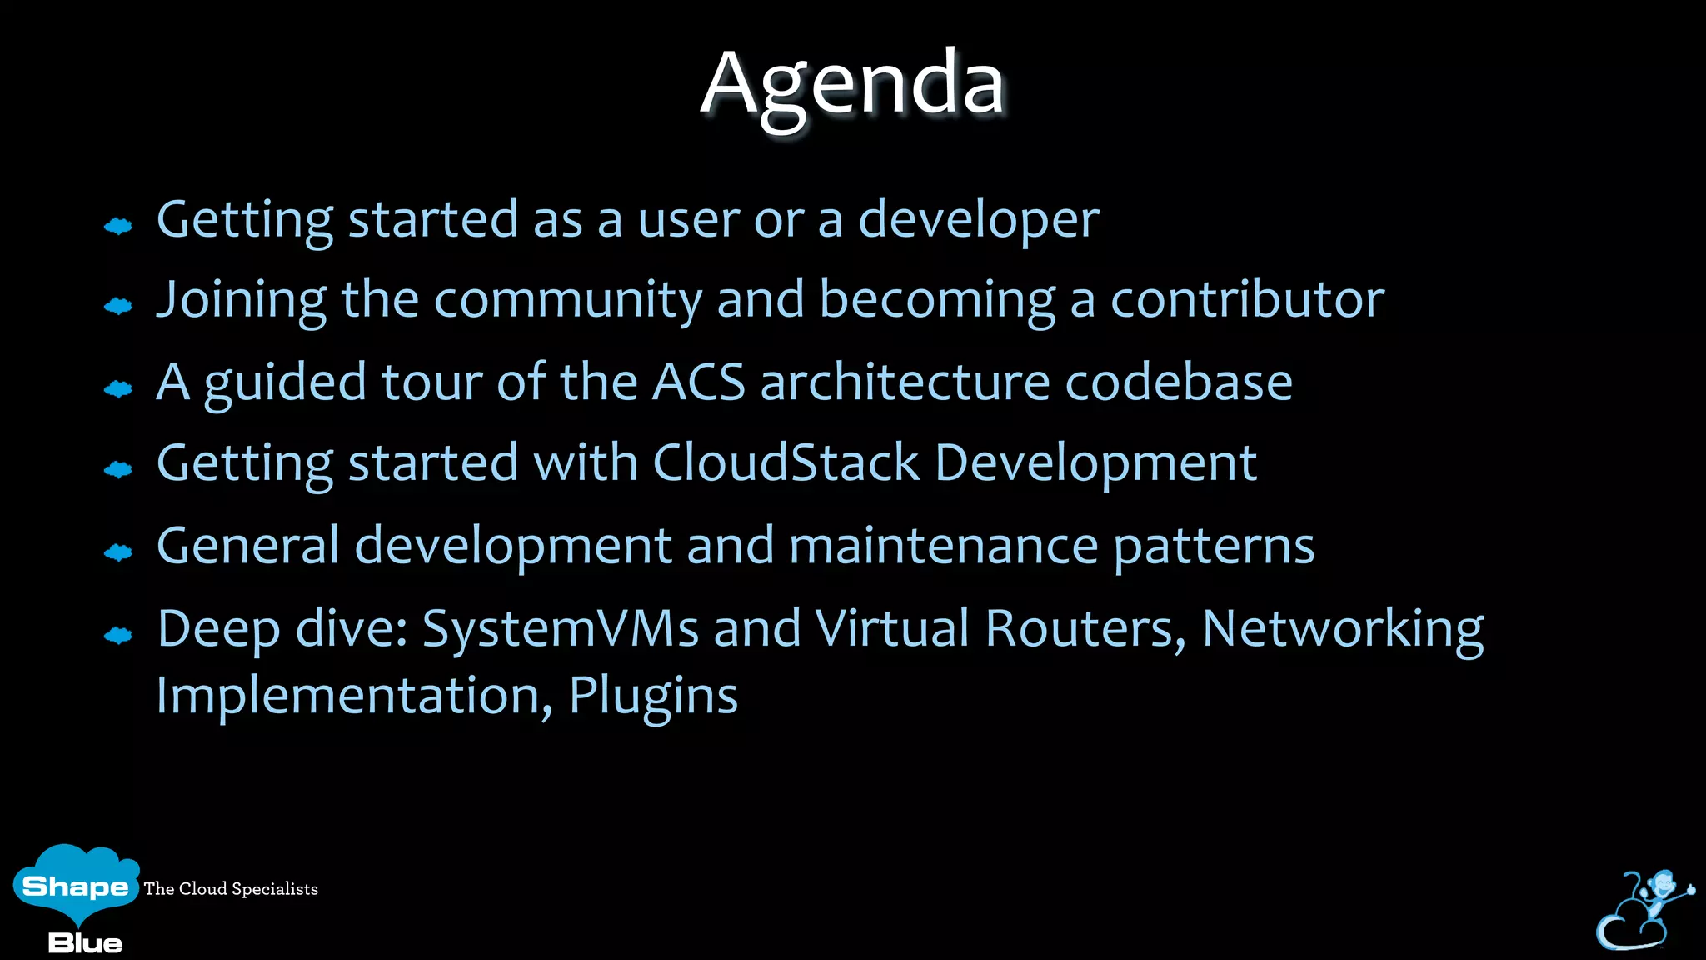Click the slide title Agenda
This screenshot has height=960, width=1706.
tap(852, 83)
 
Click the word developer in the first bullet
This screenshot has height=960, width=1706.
tap(978, 220)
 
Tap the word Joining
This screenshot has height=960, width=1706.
tap(242, 300)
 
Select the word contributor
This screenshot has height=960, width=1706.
tap(1246, 300)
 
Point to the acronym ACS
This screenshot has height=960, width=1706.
tap(698, 382)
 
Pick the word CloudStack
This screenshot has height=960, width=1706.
tap(786, 463)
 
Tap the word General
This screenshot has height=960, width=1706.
tap(247, 546)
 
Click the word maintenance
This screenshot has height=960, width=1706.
tap(943, 546)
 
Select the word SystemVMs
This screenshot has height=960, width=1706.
tap(560, 628)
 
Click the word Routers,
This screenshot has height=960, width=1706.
tap(1085, 628)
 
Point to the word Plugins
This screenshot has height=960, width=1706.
tap(653, 696)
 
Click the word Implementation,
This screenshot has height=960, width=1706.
tap(354, 696)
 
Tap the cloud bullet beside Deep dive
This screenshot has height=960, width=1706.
tap(118, 637)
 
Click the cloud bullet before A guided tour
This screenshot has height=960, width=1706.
tap(118, 389)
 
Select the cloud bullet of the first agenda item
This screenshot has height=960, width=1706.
tap(118, 226)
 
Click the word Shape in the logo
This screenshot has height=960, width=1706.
tap(75, 886)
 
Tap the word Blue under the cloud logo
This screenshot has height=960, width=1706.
tap(85, 943)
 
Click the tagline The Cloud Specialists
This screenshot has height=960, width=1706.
tap(231, 889)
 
